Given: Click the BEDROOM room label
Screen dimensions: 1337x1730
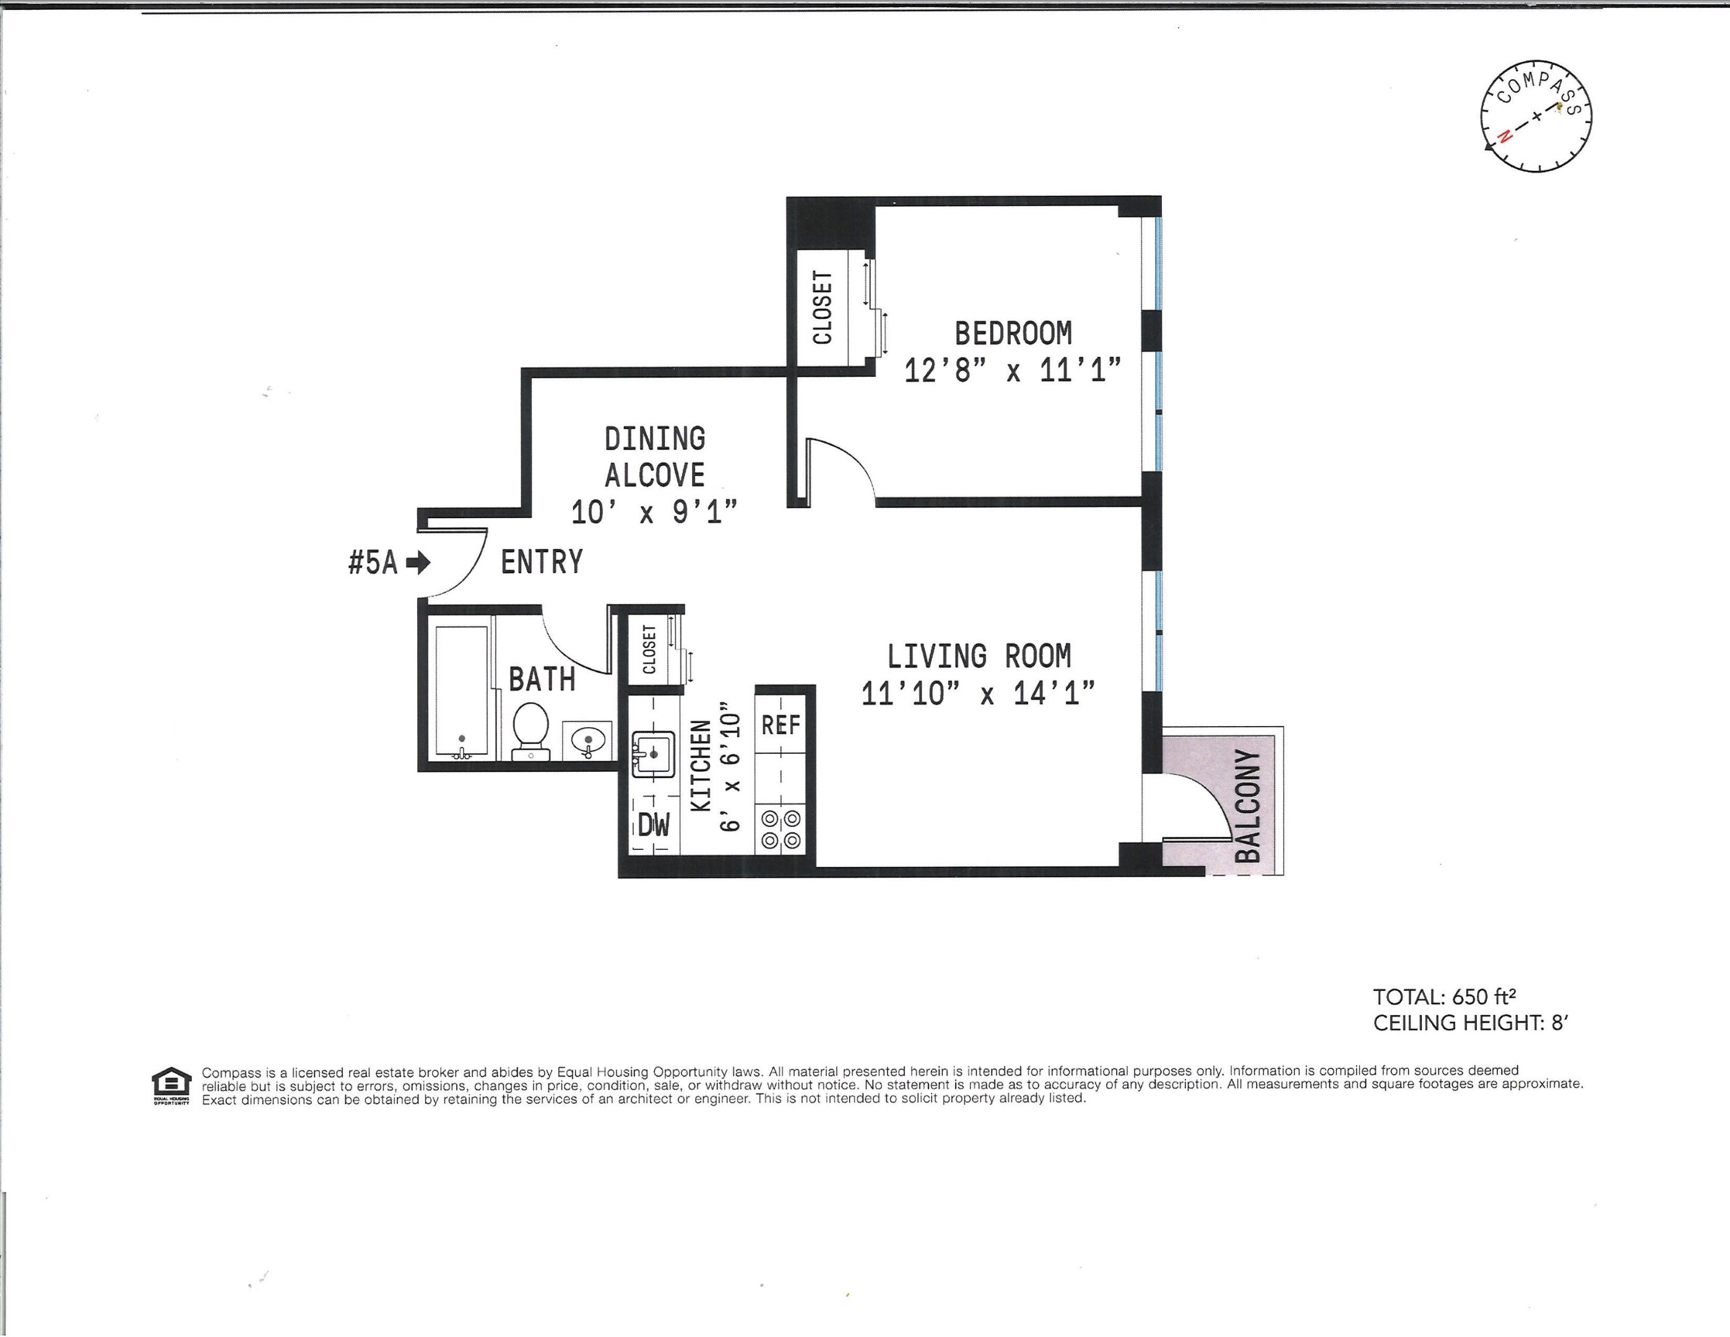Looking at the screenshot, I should [x=1013, y=334].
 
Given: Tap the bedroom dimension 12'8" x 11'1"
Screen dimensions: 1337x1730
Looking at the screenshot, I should [x=1013, y=371].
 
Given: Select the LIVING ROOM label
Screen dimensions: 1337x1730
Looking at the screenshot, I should [x=979, y=657].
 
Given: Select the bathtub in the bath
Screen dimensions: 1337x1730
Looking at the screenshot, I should [x=462, y=691].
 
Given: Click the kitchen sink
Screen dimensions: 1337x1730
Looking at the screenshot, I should [x=653, y=753].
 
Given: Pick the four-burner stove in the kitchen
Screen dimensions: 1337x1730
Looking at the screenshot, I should [x=781, y=829].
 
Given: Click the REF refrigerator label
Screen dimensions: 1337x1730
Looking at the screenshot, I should [x=781, y=724].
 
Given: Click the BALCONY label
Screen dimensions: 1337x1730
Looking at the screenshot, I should [x=1248, y=805].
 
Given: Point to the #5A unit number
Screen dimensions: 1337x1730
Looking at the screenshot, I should [x=372, y=563].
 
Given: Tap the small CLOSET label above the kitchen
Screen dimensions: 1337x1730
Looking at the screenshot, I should [x=649, y=649].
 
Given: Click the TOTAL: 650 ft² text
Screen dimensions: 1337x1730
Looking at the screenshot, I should [x=1444, y=997].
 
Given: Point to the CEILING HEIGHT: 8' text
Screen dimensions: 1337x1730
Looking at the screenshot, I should [x=1470, y=1023].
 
